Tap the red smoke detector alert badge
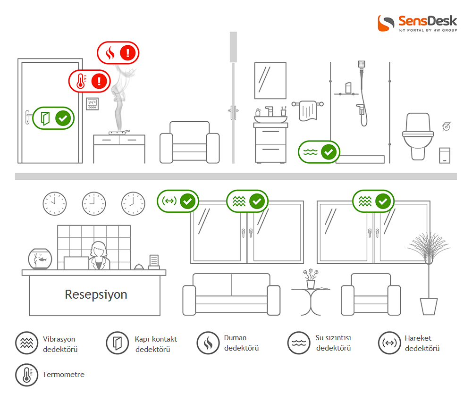tap(118, 53)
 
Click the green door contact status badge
tap(54, 118)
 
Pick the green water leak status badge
tap(319, 152)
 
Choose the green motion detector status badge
tap(178, 201)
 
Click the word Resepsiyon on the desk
tap(96, 295)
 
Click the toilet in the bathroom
tap(418, 134)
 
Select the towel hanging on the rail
tap(308, 111)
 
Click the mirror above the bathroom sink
tap(270, 81)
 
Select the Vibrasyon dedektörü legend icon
tap(26, 343)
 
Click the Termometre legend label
tap(63, 375)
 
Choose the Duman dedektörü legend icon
tap(208, 343)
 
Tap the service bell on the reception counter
tap(139, 267)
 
